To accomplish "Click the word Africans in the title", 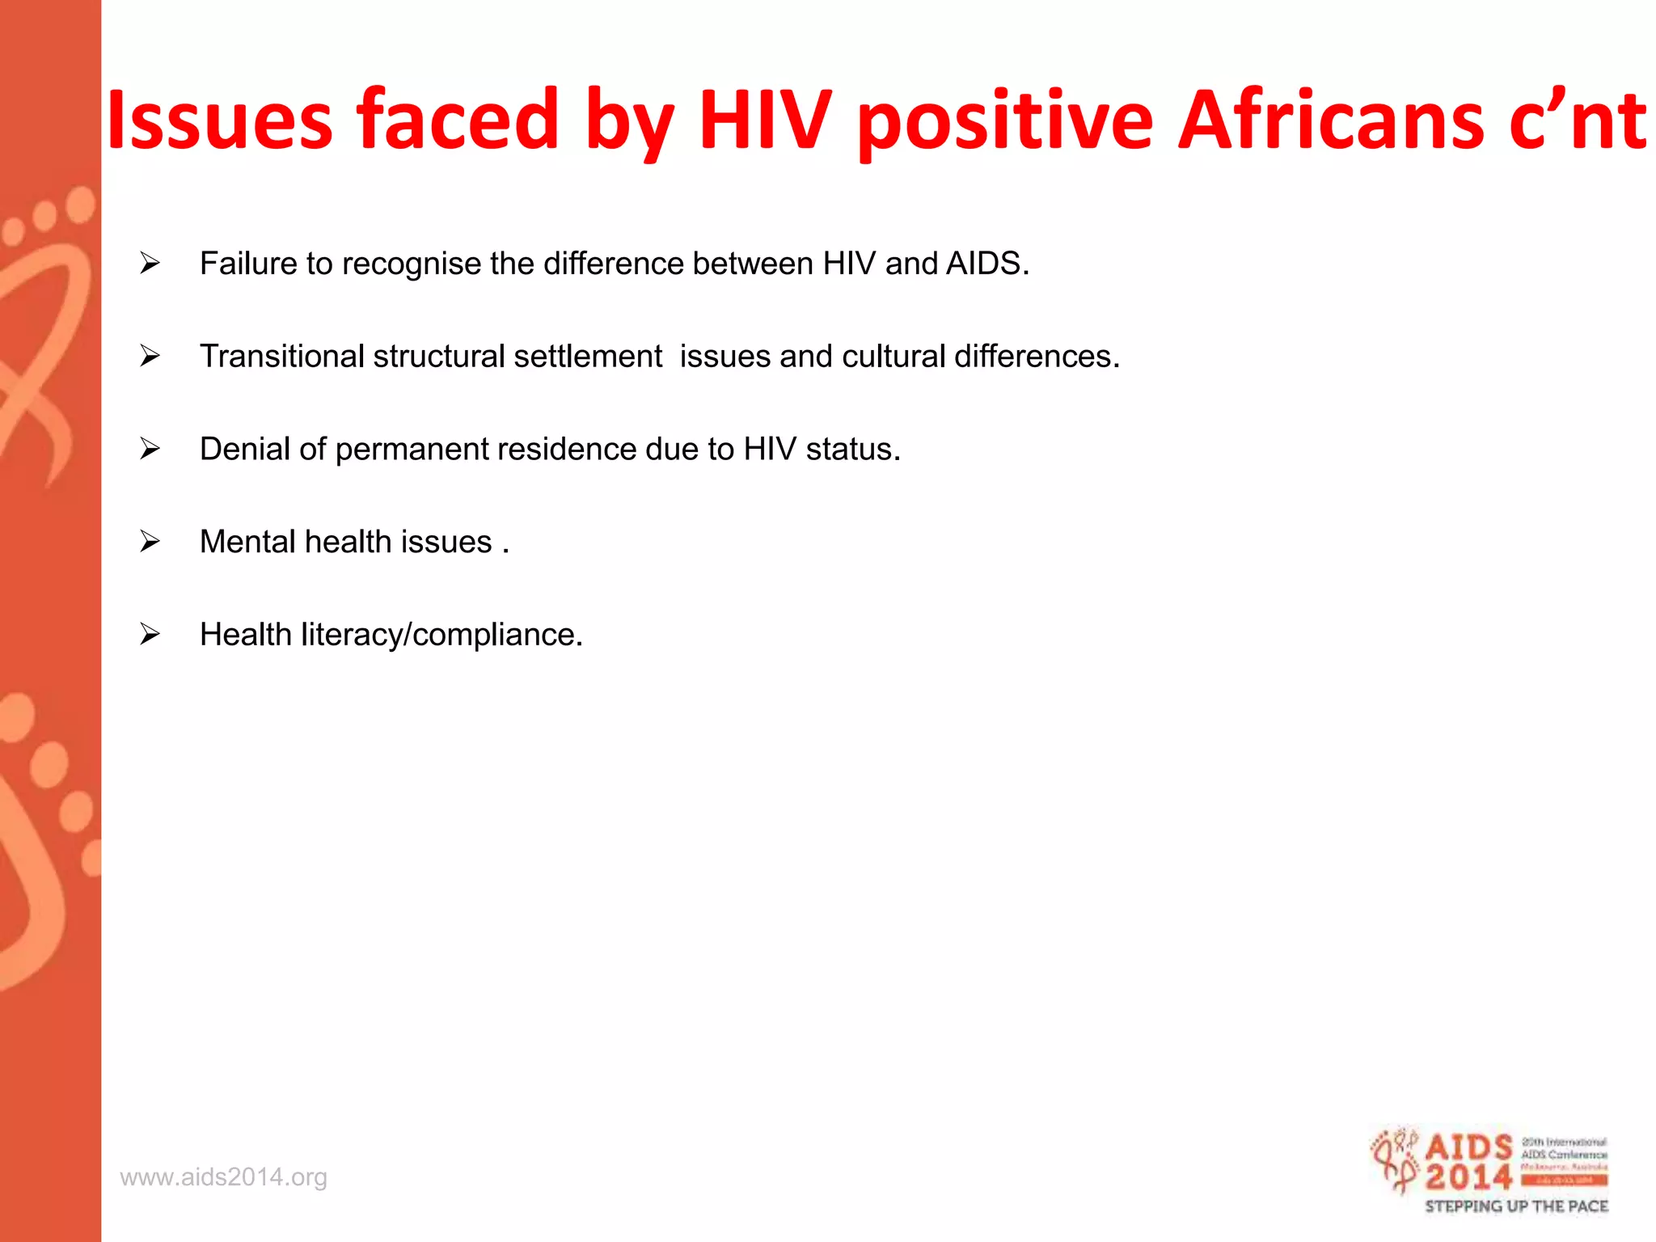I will (1330, 121).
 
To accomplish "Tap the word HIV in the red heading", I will (765, 121).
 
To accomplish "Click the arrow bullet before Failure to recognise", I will (150, 264).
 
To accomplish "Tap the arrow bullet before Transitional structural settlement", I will (150, 356).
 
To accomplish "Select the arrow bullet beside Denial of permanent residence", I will (150, 449).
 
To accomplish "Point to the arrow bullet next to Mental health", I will (150, 541).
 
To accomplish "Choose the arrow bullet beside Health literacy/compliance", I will (150, 634).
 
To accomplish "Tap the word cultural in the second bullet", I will (893, 357).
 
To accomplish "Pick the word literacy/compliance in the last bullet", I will (441, 635).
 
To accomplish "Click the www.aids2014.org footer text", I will (224, 1177).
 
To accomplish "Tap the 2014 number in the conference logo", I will (1468, 1177).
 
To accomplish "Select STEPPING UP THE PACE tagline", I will (1516, 1206).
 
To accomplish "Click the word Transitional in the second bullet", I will (281, 357).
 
